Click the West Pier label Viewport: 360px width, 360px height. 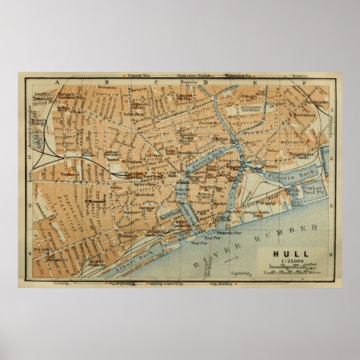[x=198, y=242]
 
